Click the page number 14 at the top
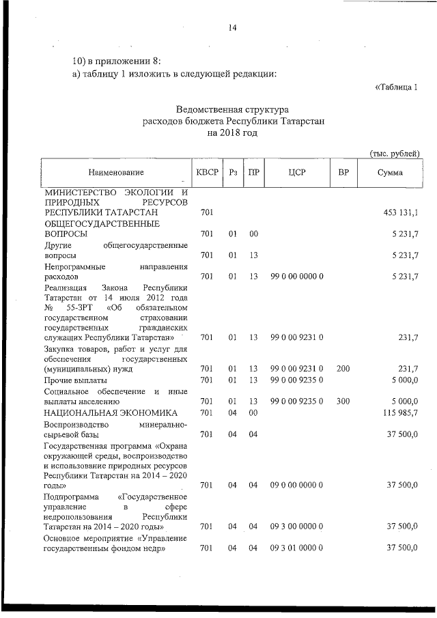232,28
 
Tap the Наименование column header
115,173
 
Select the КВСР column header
207,172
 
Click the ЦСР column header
296,173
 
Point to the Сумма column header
390,173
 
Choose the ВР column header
343,173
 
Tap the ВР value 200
343,369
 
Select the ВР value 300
343,402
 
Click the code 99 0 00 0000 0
296,277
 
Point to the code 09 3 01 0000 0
296,549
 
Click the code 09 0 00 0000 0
296,485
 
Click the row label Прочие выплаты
72,380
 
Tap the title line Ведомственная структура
232,109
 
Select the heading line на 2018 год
232,132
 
